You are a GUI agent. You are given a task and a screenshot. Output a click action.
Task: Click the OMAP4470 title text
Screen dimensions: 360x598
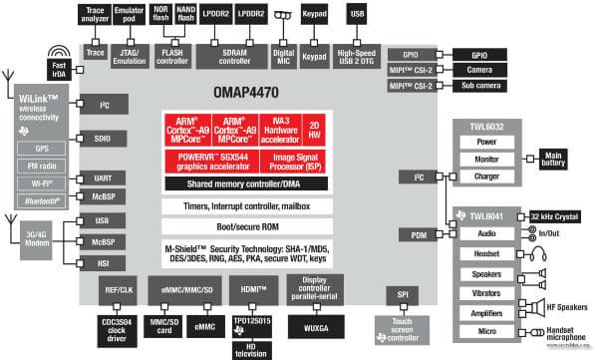244,95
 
